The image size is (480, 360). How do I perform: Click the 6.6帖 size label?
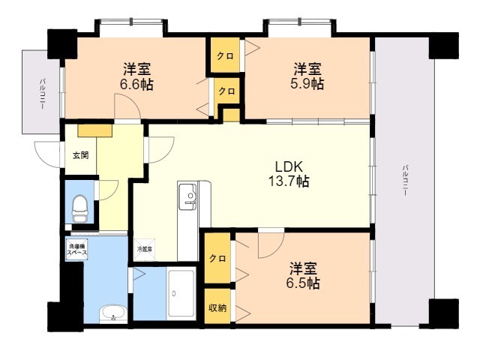tap(137, 85)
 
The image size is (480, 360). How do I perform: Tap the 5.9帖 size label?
tap(308, 84)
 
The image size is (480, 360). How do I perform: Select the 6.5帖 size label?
tap(304, 283)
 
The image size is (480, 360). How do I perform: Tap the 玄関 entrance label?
tap(80, 156)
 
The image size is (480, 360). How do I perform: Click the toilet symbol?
tap(79, 207)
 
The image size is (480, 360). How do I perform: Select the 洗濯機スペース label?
tap(78, 250)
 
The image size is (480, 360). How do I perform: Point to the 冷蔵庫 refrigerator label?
tap(145, 248)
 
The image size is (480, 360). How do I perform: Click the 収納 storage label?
tap(217, 308)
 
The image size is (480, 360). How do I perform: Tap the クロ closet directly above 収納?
tap(217, 259)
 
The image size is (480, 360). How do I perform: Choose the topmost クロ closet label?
tap(224, 56)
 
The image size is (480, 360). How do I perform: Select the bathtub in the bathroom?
tap(182, 294)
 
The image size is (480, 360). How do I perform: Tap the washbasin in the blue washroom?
tap(113, 313)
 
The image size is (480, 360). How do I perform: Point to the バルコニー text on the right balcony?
tap(404, 180)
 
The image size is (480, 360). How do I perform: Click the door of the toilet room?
tap(105, 191)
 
